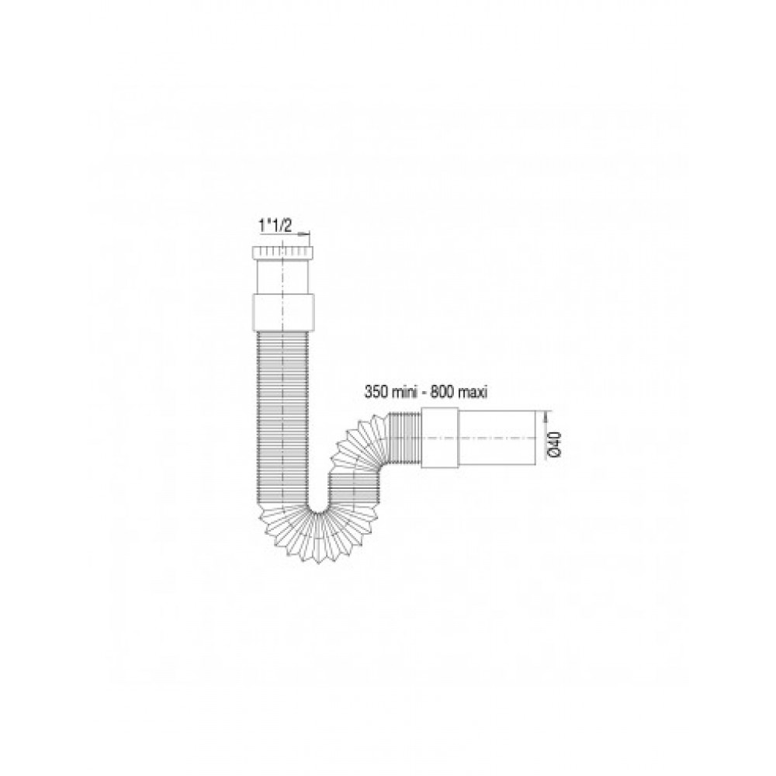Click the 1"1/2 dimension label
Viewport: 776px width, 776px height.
pos(275,226)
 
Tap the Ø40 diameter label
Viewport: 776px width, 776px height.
pos(554,444)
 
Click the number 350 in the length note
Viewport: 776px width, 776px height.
pos(375,393)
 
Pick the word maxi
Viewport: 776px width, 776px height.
pos(472,393)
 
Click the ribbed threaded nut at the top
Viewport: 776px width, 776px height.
pos(283,250)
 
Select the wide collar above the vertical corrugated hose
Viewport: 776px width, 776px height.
pos(283,313)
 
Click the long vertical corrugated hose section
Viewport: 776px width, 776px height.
pos(283,418)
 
